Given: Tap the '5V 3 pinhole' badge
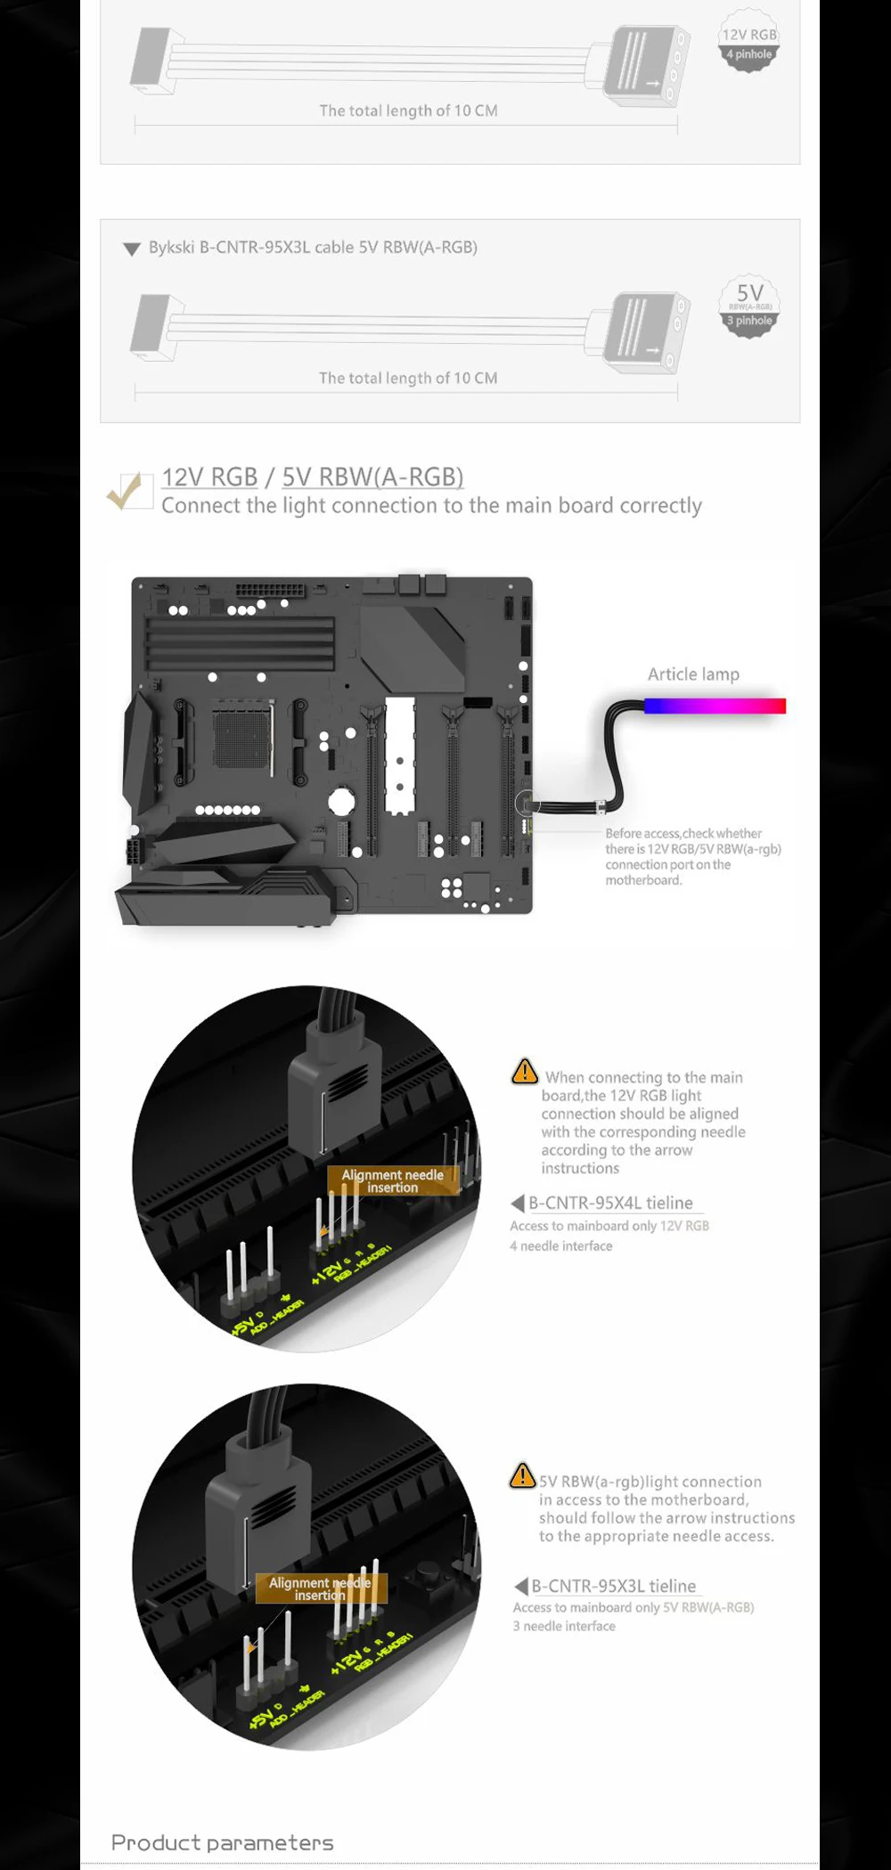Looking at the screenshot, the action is click(749, 306).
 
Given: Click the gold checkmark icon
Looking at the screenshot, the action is click(126, 489).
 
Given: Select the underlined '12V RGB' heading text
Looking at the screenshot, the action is click(209, 478).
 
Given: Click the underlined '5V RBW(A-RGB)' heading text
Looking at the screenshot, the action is click(372, 478).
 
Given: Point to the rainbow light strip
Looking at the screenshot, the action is click(715, 706).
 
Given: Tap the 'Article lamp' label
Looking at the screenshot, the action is click(693, 674).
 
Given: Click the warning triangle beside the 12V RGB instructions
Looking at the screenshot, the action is click(525, 1071).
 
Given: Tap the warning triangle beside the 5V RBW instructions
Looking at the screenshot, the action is click(522, 1475).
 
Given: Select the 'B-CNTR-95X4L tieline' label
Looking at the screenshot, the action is click(610, 1203).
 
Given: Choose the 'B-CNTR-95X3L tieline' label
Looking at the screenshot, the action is click(613, 1586).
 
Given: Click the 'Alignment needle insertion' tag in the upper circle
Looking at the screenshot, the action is click(392, 1180).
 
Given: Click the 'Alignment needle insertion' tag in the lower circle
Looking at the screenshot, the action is click(320, 1588).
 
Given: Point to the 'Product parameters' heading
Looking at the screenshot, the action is click(222, 1842).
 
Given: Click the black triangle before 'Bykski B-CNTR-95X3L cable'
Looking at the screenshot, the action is click(132, 249).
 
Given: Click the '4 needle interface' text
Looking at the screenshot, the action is click(561, 1246).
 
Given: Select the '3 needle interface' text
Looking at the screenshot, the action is click(564, 1626).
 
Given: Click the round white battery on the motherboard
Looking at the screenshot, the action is click(341, 801).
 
